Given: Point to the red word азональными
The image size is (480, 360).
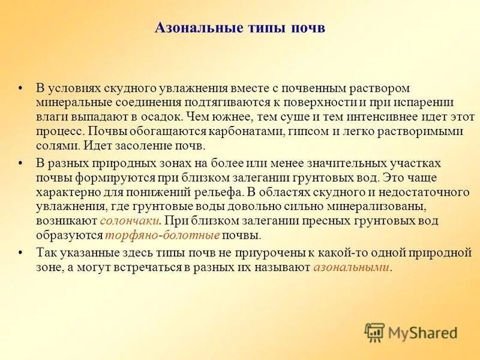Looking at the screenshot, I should (x=352, y=267).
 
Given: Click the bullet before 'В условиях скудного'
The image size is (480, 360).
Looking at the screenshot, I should (x=22, y=88).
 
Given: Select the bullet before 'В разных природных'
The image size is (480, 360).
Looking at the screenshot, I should (x=22, y=163).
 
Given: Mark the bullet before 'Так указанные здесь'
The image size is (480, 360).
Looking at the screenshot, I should (x=22, y=253).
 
